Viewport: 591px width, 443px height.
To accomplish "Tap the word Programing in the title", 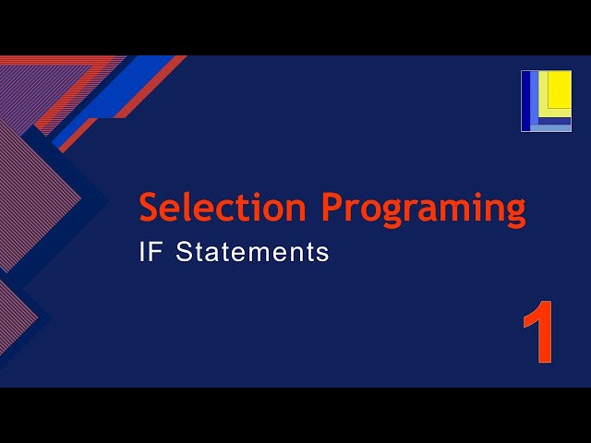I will click(424, 209).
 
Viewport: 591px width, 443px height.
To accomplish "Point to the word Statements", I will click(252, 252).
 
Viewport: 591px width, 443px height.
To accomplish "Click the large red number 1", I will click(537, 331).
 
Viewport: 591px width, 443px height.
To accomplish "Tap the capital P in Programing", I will click(333, 207).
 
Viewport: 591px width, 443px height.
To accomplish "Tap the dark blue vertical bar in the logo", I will click(526, 101).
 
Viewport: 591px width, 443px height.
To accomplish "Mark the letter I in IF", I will click(142, 252).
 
